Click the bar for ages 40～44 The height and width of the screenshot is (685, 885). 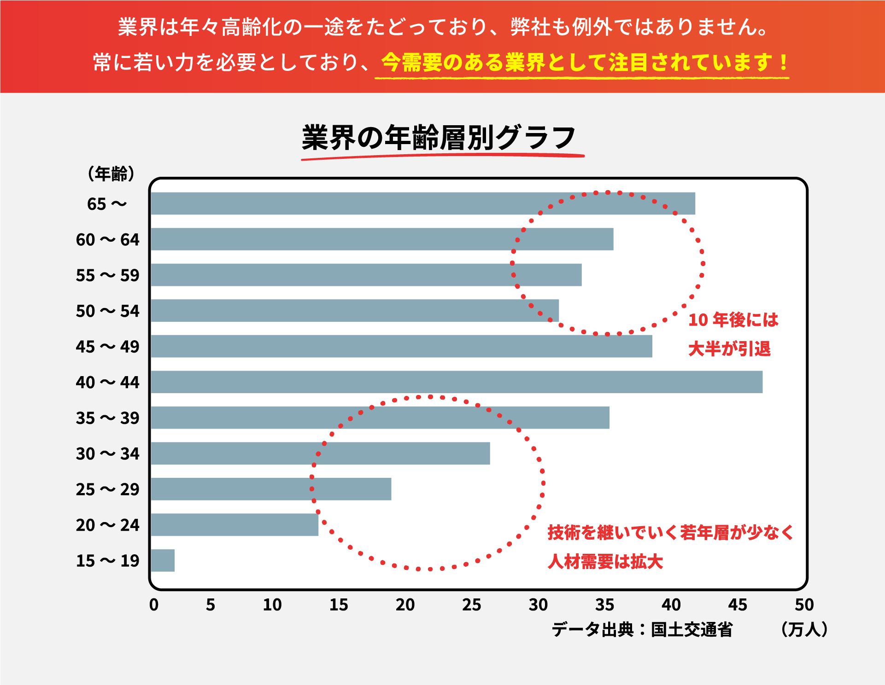pos(456,382)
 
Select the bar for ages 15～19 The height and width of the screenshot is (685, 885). pos(163,560)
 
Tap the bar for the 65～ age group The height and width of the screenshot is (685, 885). pos(422,203)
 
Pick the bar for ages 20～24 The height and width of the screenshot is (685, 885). pos(234,525)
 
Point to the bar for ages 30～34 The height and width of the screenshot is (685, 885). pos(320,453)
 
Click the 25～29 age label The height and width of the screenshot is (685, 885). pos(107,489)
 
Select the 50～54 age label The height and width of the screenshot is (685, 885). pos(107,311)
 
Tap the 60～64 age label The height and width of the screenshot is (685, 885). pos(107,240)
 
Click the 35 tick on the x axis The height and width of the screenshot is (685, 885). pos(604,604)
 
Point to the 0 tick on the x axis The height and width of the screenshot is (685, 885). pos(154,604)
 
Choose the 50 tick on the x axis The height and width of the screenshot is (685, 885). pos(804,604)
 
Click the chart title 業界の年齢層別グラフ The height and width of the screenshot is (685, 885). pos(439,138)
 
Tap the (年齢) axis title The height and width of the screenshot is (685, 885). pos(111,174)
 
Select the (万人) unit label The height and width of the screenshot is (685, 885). pos(804,629)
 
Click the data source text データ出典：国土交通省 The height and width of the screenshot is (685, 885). pos(642,629)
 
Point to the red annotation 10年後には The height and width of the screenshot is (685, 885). pos(733,320)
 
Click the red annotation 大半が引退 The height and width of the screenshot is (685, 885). pos(729,349)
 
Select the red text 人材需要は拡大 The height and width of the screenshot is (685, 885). pos(605,562)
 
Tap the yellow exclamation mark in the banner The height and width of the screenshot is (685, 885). pos(784,63)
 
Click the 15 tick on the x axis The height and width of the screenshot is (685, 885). pos(339,604)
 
